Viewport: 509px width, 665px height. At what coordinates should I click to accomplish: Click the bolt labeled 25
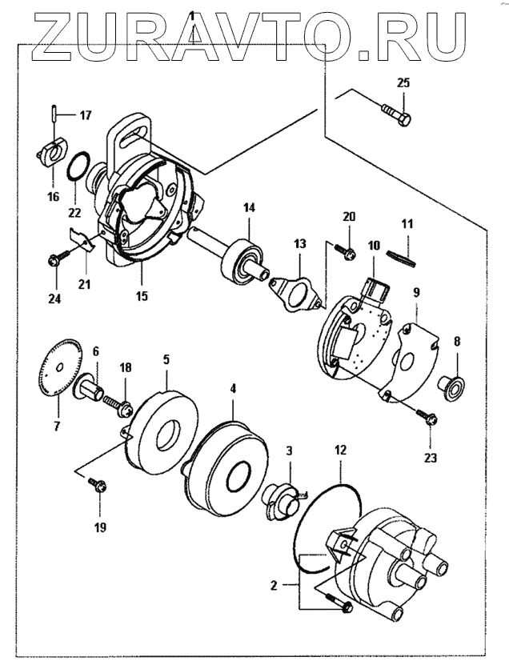point(397,114)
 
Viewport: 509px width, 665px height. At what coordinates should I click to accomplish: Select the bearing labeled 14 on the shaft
point(242,260)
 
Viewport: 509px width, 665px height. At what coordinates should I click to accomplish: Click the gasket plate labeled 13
point(295,293)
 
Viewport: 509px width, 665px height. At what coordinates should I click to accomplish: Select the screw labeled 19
point(98,485)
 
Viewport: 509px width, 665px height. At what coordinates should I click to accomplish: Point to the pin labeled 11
point(401,258)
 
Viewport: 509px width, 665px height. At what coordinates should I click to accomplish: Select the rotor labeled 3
point(280,501)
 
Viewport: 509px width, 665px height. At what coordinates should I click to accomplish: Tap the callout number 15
point(142,294)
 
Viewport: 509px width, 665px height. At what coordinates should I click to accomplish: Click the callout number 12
point(341,450)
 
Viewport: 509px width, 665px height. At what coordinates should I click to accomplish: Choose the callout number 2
point(274,586)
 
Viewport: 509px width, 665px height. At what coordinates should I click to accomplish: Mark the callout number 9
point(416,292)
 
